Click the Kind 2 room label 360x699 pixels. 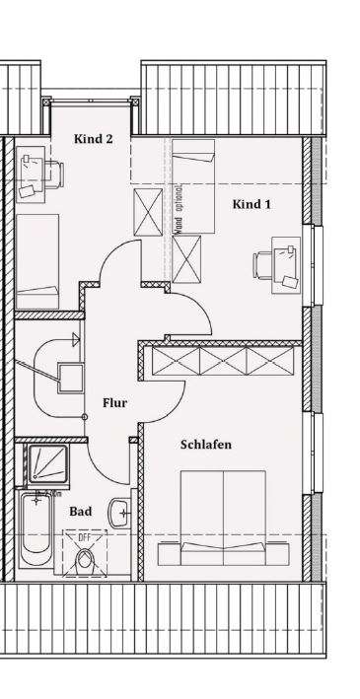click(93, 139)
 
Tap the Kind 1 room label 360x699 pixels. click(252, 204)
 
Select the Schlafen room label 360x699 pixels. click(206, 445)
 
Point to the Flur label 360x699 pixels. click(115, 402)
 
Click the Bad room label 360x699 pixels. click(80, 512)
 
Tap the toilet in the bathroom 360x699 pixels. click(85, 559)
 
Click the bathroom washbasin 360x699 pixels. click(119, 511)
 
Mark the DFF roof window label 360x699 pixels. click(85, 537)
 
